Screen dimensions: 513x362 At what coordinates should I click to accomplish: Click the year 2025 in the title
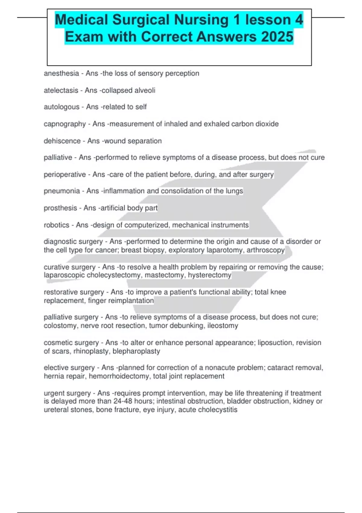tap(277, 37)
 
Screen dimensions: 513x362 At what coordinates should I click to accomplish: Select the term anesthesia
tap(61, 73)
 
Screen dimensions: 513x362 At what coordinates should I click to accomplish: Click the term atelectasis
tap(61, 90)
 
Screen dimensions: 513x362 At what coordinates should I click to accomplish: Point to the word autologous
tap(62, 107)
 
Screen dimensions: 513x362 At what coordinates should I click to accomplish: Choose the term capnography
tap(65, 124)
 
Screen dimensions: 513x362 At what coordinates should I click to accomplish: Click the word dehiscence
tap(62, 141)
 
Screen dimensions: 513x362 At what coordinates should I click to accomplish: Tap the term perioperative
tap(65, 174)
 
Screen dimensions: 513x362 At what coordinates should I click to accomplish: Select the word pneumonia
tap(62, 191)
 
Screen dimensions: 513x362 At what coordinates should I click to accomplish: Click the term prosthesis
tap(60, 208)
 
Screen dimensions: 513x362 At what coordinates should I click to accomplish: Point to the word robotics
tap(56, 225)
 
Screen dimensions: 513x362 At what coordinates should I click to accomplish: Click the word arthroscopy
tap(265, 250)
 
